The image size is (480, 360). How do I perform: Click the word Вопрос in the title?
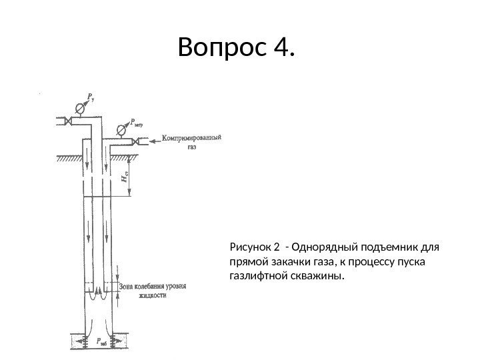219,48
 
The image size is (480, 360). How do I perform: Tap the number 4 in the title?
282,48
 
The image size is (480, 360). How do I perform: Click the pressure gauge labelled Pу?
81,107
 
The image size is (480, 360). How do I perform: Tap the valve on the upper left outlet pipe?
67,121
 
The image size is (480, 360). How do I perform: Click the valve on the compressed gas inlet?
136,141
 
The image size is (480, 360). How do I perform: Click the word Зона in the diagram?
129,287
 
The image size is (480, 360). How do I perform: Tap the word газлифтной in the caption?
259,275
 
